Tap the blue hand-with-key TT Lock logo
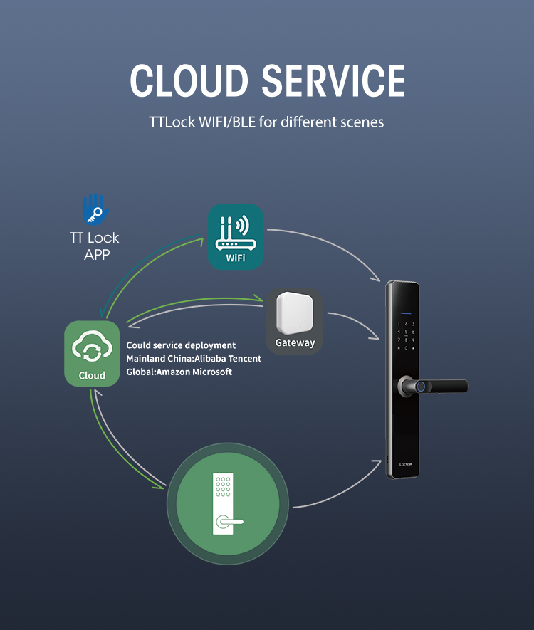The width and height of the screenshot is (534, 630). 94,209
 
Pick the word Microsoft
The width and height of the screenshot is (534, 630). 214,372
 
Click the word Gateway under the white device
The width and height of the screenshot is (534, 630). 295,343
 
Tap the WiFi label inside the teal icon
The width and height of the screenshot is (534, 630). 235,258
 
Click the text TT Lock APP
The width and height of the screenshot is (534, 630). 95,246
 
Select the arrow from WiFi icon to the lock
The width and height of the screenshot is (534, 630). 328,246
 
